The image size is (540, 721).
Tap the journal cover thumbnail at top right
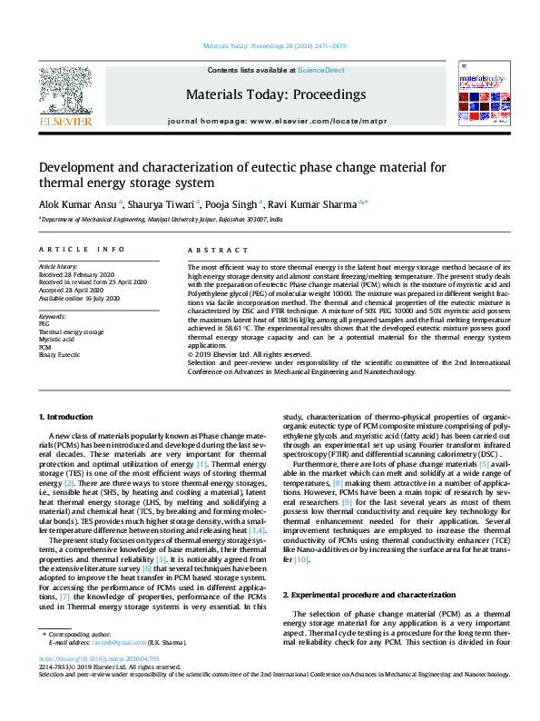click(481, 95)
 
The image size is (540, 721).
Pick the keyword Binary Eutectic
click(58, 355)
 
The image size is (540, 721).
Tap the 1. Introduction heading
click(66, 417)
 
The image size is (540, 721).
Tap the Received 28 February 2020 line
click(75, 274)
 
